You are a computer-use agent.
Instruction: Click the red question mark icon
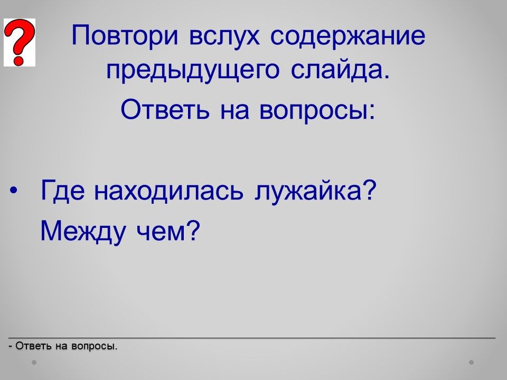(x=20, y=42)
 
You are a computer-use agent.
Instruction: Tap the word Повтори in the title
(x=125, y=35)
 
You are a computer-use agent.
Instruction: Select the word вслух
(x=224, y=35)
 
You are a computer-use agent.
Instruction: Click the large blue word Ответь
(x=165, y=109)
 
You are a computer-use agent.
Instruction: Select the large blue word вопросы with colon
(x=317, y=111)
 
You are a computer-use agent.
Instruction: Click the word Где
(x=63, y=191)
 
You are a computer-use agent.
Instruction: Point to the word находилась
(x=168, y=191)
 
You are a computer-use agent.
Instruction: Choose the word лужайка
(x=308, y=192)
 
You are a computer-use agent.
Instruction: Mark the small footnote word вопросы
(x=94, y=346)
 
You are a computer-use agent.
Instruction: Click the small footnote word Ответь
(x=33, y=346)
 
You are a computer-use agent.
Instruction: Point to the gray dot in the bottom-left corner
(x=34, y=362)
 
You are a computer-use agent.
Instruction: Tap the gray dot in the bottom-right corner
(x=472, y=362)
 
